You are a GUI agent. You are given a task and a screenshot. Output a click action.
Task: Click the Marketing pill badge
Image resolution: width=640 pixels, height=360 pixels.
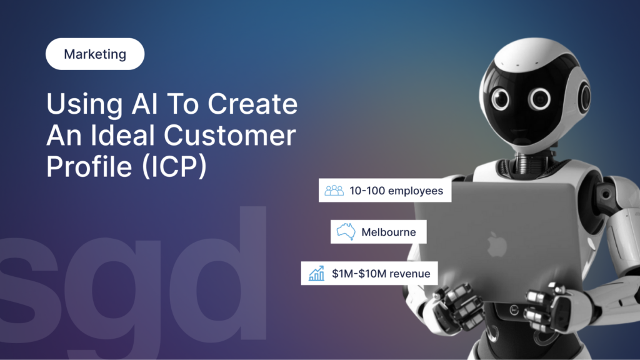click(95, 54)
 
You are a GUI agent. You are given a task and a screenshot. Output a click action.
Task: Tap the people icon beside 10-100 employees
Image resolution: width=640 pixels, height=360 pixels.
click(334, 191)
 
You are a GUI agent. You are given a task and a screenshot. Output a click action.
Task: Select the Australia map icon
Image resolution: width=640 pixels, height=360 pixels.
click(346, 232)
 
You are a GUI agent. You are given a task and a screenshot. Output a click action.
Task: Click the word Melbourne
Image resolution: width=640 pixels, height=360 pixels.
click(388, 232)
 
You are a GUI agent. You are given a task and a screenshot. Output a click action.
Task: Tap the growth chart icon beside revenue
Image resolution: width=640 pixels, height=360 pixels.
click(316, 273)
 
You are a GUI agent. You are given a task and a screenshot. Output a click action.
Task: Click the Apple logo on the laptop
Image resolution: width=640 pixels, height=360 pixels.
click(497, 243)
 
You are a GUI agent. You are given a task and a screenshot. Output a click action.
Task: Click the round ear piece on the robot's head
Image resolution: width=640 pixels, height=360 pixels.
click(584, 96)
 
